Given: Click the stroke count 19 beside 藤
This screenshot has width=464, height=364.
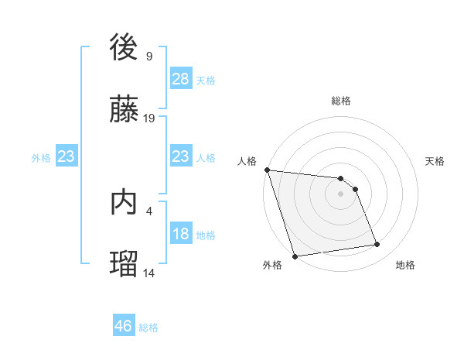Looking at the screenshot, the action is click(149, 118).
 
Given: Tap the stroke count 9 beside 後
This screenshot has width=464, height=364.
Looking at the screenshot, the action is click(148, 57).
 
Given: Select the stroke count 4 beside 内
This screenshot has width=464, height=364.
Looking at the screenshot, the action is click(148, 210).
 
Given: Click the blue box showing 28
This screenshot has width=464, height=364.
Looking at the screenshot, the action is click(180, 79).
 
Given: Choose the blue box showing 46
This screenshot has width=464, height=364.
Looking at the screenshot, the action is click(123, 326).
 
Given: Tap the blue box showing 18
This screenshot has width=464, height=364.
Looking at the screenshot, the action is click(180, 234).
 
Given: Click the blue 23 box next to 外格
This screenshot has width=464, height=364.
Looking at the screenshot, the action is click(66, 156).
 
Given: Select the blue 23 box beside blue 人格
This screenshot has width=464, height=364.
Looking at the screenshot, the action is click(180, 156).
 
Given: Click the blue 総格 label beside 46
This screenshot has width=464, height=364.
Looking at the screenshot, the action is click(148, 327).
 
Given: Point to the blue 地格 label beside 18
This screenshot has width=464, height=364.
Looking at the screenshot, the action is click(206, 235).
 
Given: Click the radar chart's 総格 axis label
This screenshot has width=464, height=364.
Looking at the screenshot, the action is click(341, 101).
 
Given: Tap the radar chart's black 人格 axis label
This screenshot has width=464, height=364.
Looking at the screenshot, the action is click(247, 161).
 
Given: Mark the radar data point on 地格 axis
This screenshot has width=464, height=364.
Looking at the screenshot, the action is click(377, 245).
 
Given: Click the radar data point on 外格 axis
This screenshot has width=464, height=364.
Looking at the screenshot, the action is click(295, 256).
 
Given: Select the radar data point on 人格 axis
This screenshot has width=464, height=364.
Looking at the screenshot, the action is click(267, 170).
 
